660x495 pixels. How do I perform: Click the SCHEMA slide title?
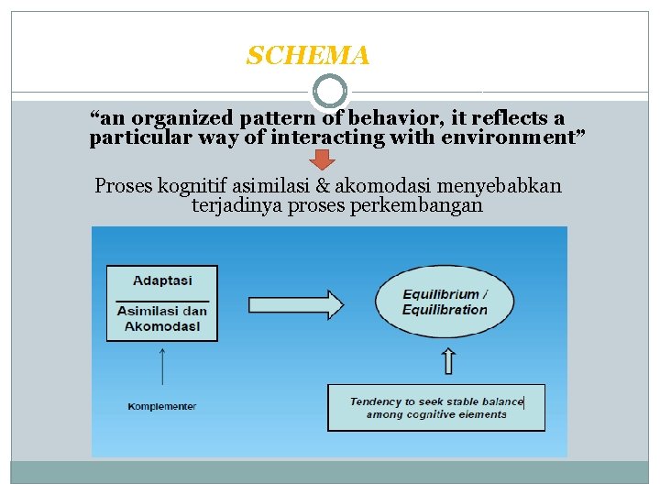tap(308, 57)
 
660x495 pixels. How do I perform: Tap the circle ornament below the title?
tap(330, 92)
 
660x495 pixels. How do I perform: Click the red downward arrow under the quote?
tap(322, 159)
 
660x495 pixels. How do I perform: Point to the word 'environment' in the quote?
tap(519, 137)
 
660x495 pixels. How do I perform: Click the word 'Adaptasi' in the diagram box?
tap(161, 280)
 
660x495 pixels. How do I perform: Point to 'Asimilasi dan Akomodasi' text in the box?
tap(162, 317)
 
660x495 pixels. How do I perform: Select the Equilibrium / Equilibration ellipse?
tap(445, 302)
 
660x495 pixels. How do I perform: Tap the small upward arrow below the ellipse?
tap(447, 362)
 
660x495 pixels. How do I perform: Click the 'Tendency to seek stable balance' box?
tap(436, 408)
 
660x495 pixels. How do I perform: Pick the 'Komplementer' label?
tap(162, 406)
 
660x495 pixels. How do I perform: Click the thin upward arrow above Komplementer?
tap(162, 367)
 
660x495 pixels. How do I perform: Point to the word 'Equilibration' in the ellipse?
tap(445, 310)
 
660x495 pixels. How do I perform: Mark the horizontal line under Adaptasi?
tap(162, 300)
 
